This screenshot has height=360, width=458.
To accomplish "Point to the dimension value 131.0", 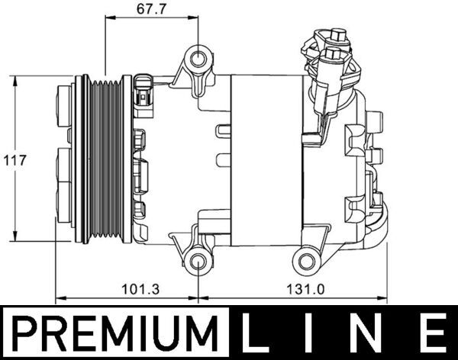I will click(x=295, y=290).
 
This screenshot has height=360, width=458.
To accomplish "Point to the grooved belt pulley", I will click(x=105, y=160).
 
